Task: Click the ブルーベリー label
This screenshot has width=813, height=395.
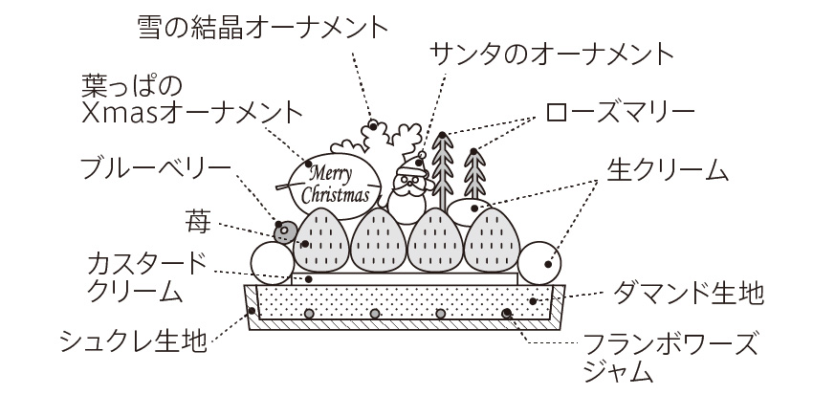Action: click(155, 170)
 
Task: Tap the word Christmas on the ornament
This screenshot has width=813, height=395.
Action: click(335, 195)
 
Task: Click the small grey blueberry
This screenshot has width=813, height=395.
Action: click(284, 231)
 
